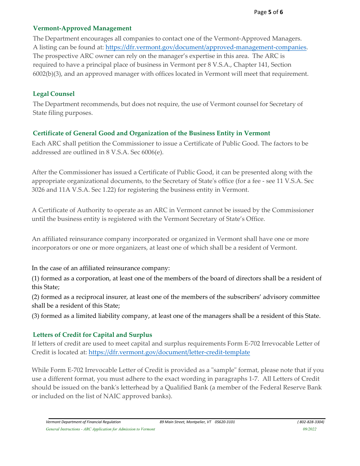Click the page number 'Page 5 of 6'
pos(268,12)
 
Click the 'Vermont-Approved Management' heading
pos(82,28)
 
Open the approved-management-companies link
pos(206,47)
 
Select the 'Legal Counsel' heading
pos(53,94)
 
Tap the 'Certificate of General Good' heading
pos(151,133)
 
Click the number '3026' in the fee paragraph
pos(39,189)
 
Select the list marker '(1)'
pos(36,278)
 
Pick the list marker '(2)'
pos(36,297)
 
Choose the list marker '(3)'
pos(36,316)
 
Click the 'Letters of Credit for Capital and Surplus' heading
pos(92,335)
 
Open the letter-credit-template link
pos(169,352)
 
